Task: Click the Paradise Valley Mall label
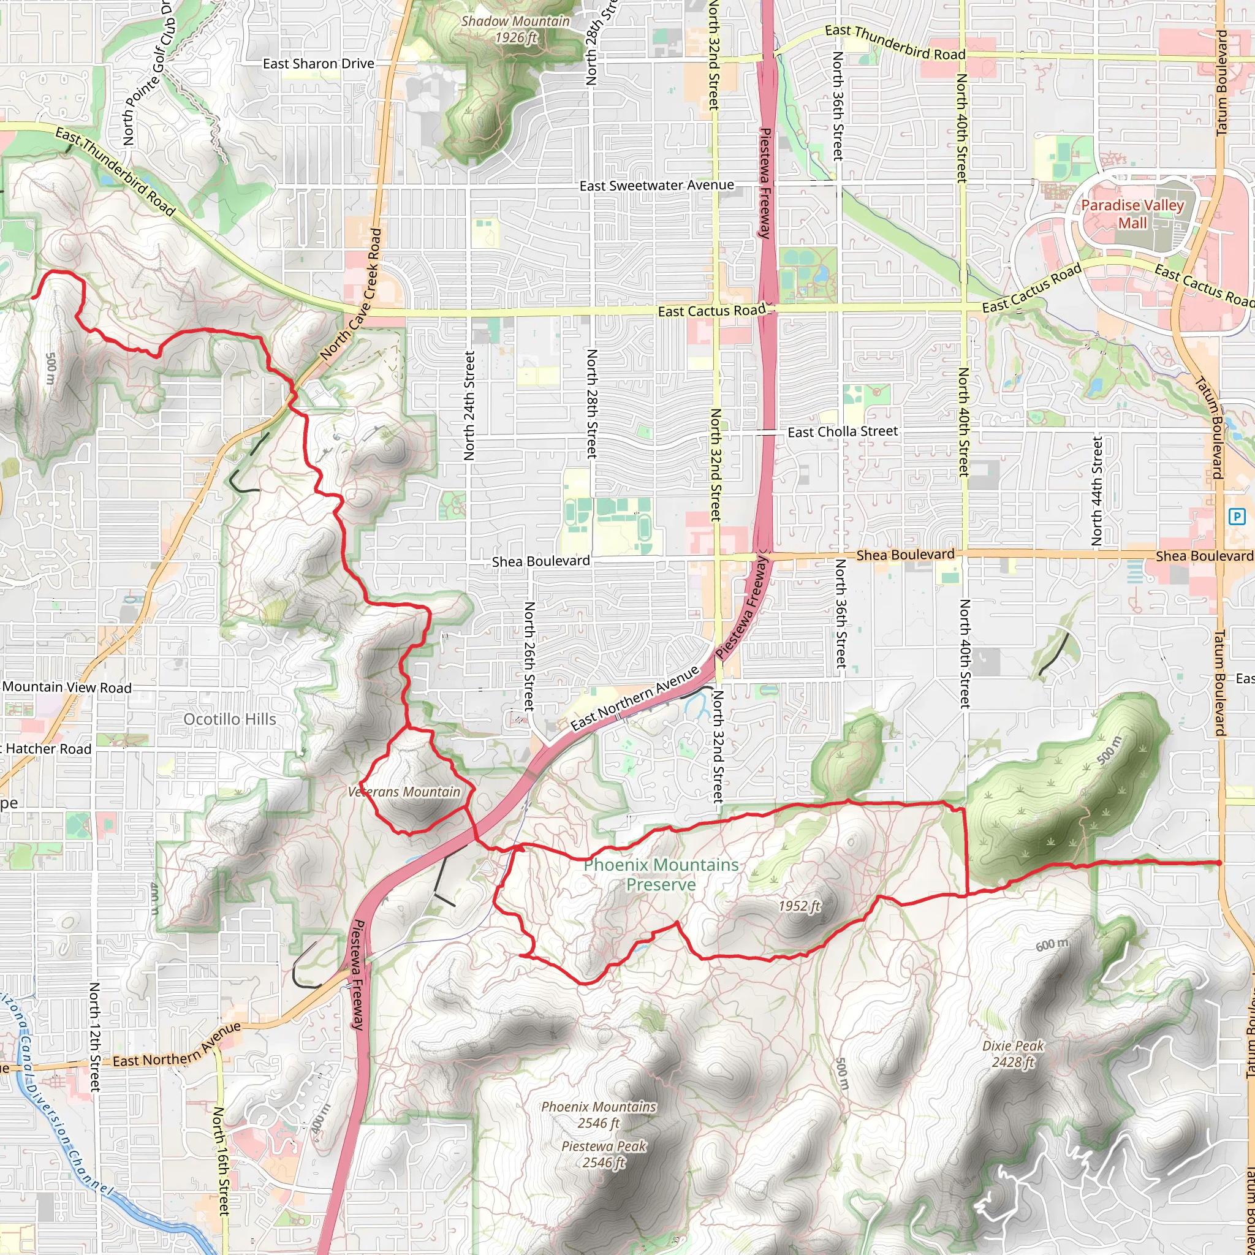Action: [1132, 214]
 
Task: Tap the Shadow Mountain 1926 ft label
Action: [516, 29]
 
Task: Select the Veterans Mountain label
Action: [404, 792]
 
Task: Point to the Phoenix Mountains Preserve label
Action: [661, 874]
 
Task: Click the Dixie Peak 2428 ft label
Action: [1013, 1053]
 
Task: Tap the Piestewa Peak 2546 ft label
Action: [604, 1155]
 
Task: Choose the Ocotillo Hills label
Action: [229, 719]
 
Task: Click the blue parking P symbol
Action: [1237, 517]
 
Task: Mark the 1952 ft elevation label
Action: [800, 906]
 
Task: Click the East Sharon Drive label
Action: [318, 64]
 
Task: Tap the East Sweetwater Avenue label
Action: [657, 186]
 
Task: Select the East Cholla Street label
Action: [843, 431]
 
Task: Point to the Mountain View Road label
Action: [67, 688]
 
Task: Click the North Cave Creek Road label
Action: [351, 294]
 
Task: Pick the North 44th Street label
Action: [1097, 491]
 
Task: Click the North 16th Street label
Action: [221, 1161]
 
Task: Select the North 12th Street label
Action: [95, 1037]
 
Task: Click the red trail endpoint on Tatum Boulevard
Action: [1219, 863]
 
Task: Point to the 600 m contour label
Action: [1052, 945]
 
